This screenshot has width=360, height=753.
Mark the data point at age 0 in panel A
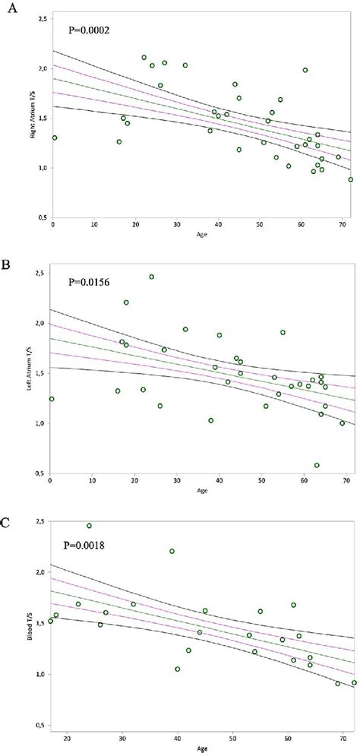[x=55, y=138]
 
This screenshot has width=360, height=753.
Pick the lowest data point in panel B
[x=317, y=465]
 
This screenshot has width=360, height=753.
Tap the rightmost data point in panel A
[x=351, y=179]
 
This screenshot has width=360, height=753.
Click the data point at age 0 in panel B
[x=52, y=398]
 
